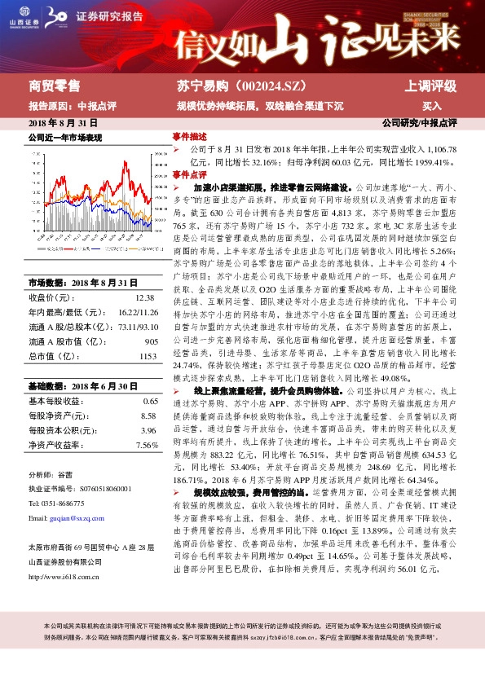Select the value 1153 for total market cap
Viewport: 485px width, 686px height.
[x=148, y=356]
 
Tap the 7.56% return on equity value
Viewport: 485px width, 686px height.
[x=147, y=445]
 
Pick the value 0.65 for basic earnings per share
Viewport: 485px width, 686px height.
[x=150, y=401]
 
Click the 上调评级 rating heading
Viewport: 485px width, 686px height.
[x=430, y=86]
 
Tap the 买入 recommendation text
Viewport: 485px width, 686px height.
[x=431, y=106]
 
